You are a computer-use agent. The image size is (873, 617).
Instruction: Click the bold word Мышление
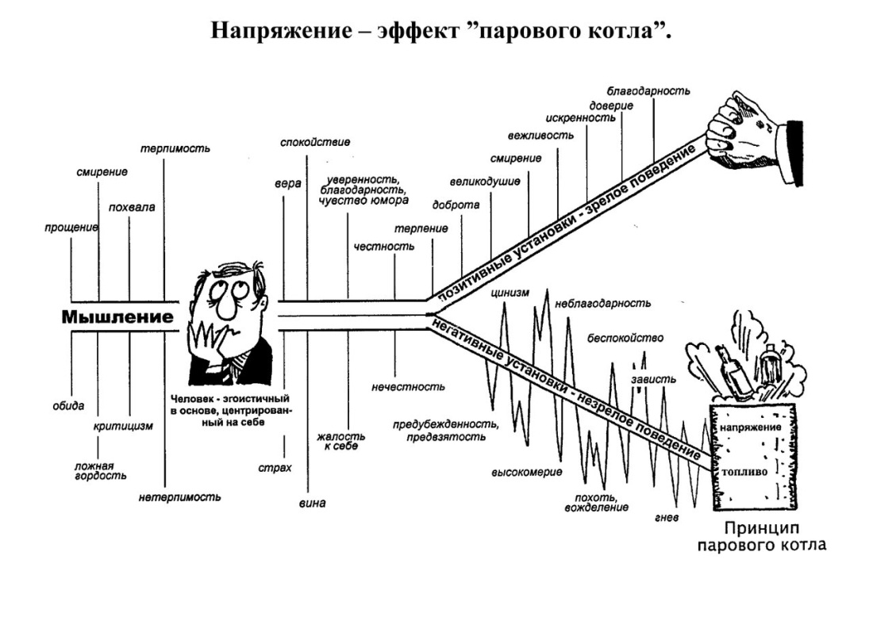tap(117, 317)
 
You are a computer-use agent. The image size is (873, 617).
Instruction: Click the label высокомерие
tap(526, 473)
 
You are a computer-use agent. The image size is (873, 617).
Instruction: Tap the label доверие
tap(611, 105)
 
